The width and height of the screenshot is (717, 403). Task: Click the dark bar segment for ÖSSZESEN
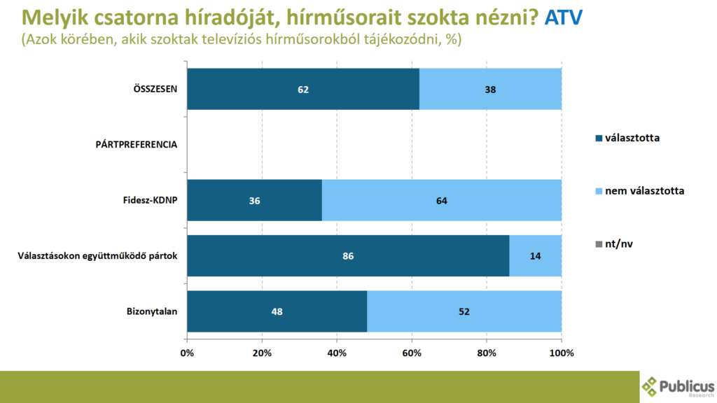pyautogui.click(x=302, y=89)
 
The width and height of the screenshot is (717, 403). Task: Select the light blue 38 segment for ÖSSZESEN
pyautogui.click(x=490, y=89)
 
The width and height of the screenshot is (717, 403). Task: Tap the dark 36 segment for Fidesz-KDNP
pyautogui.click(x=254, y=200)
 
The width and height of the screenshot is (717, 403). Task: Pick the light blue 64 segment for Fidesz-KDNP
pyautogui.click(x=441, y=200)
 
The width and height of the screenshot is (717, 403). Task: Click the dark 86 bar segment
pyautogui.click(x=348, y=256)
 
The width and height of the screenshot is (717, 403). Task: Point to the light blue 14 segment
pyautogui.click(x=535, y=256)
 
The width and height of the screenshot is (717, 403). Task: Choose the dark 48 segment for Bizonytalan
pyautogui.click(x=277, y=311)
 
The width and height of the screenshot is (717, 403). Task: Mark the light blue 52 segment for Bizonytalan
pyautogui.click(x=464, y=311)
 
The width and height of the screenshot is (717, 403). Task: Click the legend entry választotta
pyautogui.click(x=626, y=138)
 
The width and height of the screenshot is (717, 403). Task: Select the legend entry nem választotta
pyautogui.click(x=638, y=190)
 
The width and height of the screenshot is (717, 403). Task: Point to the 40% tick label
pyautogui.click(x=337, y=353)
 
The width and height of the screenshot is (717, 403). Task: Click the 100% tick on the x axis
pyautogui.click(x=561, y=353)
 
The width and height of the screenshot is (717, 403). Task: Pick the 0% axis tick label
pyautogui.click(x=187, y=353)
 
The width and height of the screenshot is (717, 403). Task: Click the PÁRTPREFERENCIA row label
pyautogui.click(x=137, y=145)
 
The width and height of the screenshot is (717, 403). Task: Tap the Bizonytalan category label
pyautogui.click(x=152, y=311)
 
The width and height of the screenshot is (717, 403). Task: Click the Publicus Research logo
pyautogui.click(x=678, y=386)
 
